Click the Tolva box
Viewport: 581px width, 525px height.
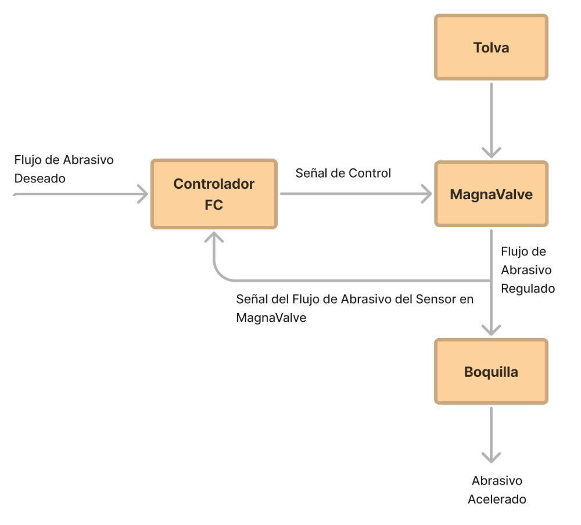coord(491,47)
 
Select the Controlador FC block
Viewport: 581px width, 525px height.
coord(214,194)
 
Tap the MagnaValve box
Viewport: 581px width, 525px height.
coord(491,194)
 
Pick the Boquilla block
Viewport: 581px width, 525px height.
coord(491,372)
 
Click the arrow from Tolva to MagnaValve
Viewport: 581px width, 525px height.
coord(492,119)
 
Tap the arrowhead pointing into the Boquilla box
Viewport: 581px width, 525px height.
coord(492,329)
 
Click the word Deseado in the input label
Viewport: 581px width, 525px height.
coord(40,178)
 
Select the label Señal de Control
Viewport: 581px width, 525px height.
coord(343,173)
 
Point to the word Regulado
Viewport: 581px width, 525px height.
coord(528,288)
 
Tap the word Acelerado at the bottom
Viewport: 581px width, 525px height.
coord(497,499)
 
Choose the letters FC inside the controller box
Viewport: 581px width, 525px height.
coord(214,205)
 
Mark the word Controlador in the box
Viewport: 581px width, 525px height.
coord(214,184)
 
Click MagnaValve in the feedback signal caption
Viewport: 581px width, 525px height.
coord(271,318)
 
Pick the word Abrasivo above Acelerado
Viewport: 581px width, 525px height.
coord(497,481)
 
